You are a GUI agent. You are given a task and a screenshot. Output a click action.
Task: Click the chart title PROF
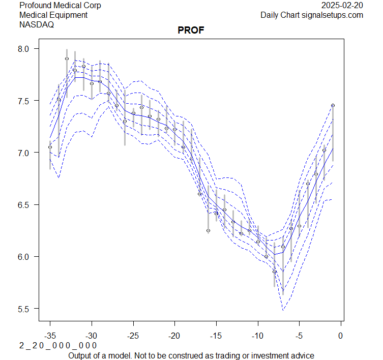191,31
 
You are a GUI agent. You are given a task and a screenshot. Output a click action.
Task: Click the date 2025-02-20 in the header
342,6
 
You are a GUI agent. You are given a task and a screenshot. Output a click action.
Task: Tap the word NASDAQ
36,24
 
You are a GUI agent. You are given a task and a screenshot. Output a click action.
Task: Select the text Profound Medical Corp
60,6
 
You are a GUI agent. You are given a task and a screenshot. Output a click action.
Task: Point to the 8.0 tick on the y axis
25,49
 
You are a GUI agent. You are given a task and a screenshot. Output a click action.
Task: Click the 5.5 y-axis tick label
25,309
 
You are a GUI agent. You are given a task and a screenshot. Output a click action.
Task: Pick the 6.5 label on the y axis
25,205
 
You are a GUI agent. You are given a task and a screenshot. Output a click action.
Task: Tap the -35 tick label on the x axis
50,336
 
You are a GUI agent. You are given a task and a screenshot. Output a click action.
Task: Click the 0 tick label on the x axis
340,336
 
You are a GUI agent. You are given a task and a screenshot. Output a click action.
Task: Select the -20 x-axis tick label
174,336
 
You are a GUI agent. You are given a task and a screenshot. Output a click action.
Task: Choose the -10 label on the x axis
257,336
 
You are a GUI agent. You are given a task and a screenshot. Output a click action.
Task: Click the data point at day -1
333,105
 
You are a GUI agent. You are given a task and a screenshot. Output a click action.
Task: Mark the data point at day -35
50,147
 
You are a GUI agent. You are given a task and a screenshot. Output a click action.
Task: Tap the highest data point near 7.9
67,58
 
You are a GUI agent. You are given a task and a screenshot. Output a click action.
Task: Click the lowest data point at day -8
275,272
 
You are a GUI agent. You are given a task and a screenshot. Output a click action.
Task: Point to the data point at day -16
208,230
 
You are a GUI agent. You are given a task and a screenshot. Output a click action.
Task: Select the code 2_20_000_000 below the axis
58,346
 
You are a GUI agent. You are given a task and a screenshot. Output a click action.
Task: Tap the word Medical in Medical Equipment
34,15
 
